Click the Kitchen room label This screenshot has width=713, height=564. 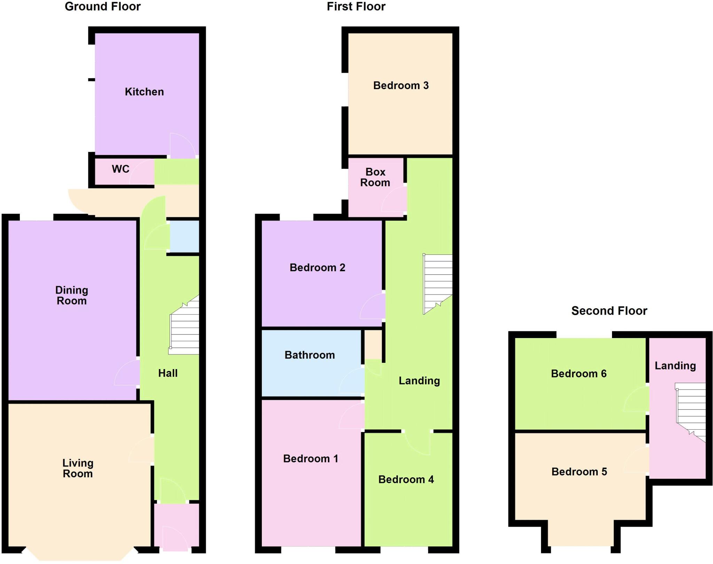pos(144,92)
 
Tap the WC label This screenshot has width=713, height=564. pos(120,169)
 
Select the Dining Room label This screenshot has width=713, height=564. pos(72,296)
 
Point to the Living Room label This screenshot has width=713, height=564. pos(78,468)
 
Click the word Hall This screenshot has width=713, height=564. pos(168,373)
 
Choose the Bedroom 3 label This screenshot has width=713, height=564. pos(401,86)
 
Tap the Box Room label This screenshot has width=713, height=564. pos(375,177)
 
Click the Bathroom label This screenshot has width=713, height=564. pos(310,355)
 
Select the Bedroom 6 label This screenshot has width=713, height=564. pos(579,374)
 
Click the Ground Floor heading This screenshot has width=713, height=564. pos(103,7)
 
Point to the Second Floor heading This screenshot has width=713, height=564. pos(609,311)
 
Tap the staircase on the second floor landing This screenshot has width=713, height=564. pos(691,411)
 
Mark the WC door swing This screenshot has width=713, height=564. pos(142,172)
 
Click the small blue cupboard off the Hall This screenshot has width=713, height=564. pos(184,236)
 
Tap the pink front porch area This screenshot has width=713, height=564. pos(177,526)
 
